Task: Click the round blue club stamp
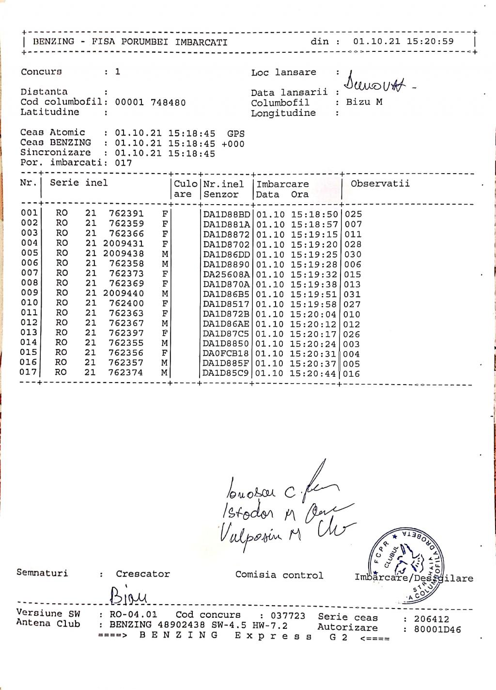[x=407, y=565]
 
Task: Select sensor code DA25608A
[x=226, y=274]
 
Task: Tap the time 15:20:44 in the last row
[x=313, y=374]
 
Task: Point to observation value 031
[x=352, y=294]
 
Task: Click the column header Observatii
[x=380, y=183]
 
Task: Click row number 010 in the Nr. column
[x=29, y=303]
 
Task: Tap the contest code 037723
[x=288, y=616]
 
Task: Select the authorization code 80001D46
[x=437, y=629]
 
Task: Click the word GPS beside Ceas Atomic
[x=236, y=133]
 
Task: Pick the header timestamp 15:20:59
[x=430, y=41]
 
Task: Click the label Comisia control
[x=279, y=575]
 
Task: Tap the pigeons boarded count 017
[x=124, y=163]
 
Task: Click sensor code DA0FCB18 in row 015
[x=226, y=354]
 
